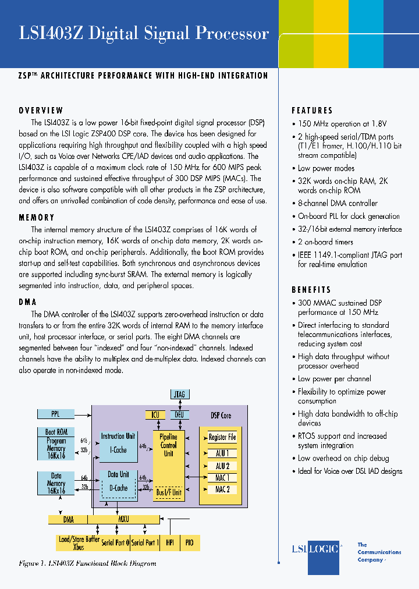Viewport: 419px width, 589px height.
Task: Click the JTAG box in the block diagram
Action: [179, 395]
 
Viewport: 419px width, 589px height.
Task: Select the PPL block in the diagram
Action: [56, 414]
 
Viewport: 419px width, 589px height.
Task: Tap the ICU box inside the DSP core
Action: [155, 415]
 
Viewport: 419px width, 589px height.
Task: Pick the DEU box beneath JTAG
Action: [179, 415]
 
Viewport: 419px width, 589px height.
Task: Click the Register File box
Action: [222, 438]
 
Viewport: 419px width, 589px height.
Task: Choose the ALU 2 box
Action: [222, 466]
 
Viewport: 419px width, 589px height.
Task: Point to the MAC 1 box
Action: [222, 478]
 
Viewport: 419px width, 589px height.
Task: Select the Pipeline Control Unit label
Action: [169, 445]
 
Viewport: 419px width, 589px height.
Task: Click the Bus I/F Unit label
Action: [169, 492]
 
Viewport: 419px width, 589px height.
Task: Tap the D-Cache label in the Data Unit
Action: [118, 488]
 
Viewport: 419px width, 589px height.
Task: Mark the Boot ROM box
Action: [56, 432]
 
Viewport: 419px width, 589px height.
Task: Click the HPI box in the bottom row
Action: [170, 542]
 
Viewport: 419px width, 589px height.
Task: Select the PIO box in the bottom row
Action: [189, 542]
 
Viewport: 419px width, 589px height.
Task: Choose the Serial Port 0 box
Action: [115, 542]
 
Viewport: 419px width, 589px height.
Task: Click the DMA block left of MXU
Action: [68, 519]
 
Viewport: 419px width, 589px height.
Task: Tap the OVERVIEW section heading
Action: [41, 111]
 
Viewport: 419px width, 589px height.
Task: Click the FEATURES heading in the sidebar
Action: [313, 111]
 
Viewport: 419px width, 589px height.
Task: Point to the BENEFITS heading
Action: [311, 290]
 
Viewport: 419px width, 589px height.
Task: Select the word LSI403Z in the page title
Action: [52, 34]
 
